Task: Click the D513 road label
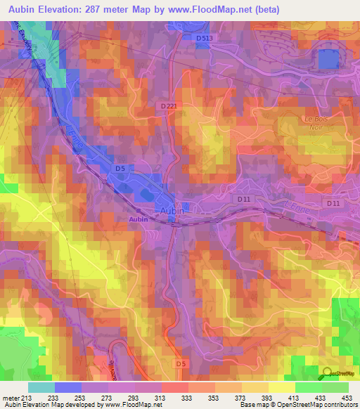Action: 205,37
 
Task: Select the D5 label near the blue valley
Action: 120,168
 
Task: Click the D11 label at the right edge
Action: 333,203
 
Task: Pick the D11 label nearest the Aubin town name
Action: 244,200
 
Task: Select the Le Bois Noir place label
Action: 317,122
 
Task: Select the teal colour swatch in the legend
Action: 41,387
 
